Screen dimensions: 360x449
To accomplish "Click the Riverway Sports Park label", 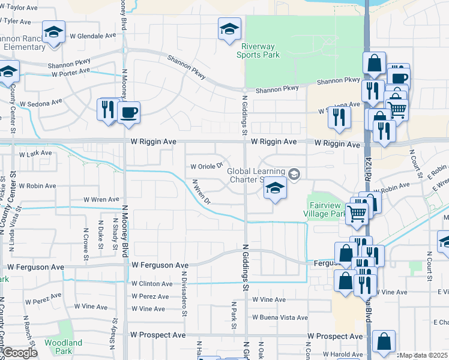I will click(x=261, y=50).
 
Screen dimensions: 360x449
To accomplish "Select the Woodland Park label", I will click(x=59, y=346).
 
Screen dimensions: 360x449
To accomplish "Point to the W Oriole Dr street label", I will click(x=206, y=166).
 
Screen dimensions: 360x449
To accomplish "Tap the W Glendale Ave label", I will click(x=92, y=35).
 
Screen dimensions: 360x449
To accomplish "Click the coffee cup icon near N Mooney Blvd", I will click(x=129, y=112).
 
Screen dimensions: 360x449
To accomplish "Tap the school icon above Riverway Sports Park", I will click(x=229, y=29).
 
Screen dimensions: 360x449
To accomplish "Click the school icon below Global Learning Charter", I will click(x=274, y=190).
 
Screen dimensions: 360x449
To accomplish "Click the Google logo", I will click(x=20, y=353).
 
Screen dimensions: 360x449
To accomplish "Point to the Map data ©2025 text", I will click(x=424, y=355).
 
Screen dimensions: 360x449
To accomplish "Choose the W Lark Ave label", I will click(x=36, y=154).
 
